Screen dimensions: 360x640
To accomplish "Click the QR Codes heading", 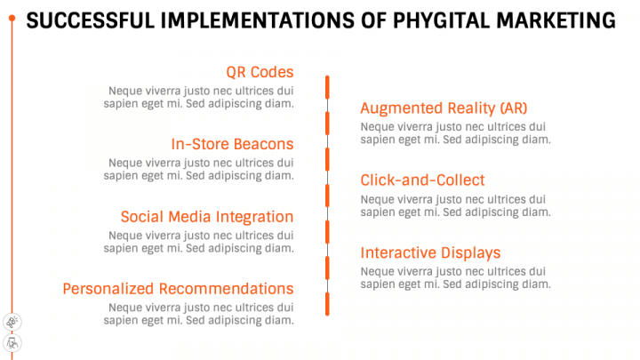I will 260,72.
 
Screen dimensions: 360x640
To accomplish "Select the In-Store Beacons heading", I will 232,144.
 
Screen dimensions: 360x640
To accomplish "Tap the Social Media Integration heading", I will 206,216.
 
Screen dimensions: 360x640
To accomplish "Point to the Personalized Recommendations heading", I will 178,288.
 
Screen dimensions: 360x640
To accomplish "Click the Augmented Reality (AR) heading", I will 444,108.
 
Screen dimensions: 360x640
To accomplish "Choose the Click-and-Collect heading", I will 422,180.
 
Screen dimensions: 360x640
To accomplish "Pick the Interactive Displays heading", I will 430,252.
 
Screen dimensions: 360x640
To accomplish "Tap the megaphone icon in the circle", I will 12,321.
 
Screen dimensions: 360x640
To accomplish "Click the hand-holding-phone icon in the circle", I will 12,342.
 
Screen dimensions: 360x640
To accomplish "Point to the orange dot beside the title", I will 11,19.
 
